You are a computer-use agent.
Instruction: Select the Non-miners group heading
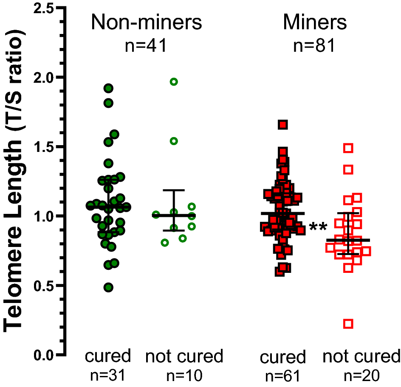147,23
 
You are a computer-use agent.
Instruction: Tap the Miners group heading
315,23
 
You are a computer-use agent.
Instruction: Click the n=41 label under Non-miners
147,45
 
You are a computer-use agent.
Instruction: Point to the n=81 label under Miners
315,45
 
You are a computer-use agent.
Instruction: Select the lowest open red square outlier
348,324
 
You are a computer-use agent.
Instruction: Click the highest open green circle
173,82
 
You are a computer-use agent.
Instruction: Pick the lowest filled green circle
108,287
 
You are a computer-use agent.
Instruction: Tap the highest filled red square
283,124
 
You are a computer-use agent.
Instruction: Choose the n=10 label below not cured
184,376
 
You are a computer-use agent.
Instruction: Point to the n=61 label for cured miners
283,376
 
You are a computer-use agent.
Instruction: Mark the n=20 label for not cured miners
361,376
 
